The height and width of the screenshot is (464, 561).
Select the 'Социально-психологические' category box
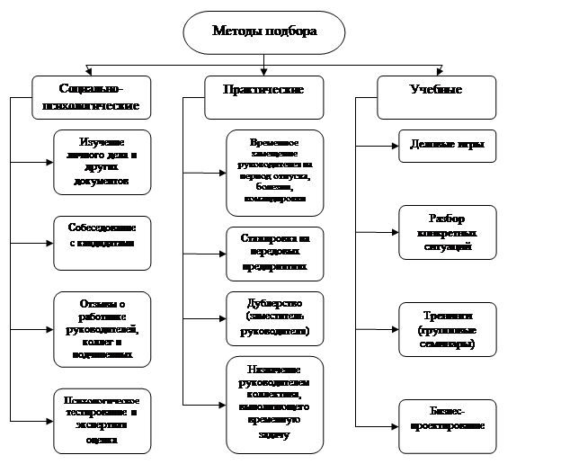(90, 98)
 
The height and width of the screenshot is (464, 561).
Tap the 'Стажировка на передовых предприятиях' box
(269, 253)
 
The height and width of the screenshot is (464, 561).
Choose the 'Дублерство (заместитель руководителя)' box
(269, 317)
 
